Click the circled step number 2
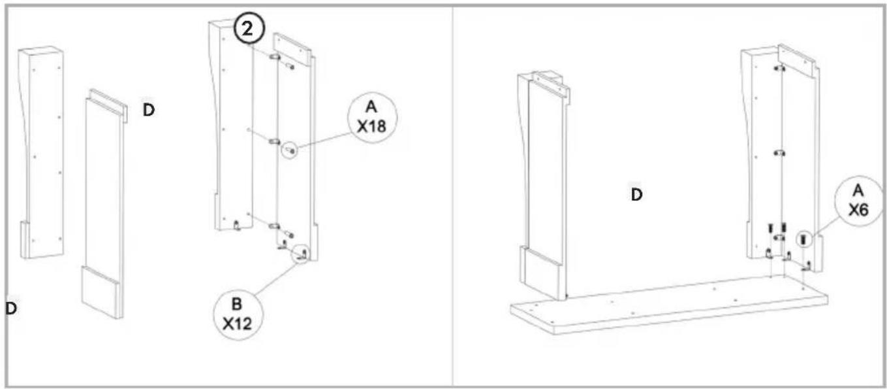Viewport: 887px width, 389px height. [x=248, y=29]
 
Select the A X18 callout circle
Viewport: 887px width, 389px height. [x=372, y=118]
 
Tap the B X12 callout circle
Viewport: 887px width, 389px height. [x=238, y=314]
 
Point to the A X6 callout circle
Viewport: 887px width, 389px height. [x=858, y=201]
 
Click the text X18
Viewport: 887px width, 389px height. [x=371, y=127]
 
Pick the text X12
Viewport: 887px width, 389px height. [x=237, y=324]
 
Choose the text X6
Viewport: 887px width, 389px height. [x=858, y=210]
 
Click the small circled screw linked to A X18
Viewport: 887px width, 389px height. [x=289, y=150]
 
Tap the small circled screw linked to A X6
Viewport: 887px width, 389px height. [x=803, y=239]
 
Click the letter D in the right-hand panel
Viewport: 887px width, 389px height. [x=636, y=195]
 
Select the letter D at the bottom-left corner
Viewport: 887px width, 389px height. [x=11, y=308]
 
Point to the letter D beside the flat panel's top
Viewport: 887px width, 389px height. [x=149, y=110]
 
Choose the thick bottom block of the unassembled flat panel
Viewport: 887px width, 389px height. [x=102, y=293]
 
